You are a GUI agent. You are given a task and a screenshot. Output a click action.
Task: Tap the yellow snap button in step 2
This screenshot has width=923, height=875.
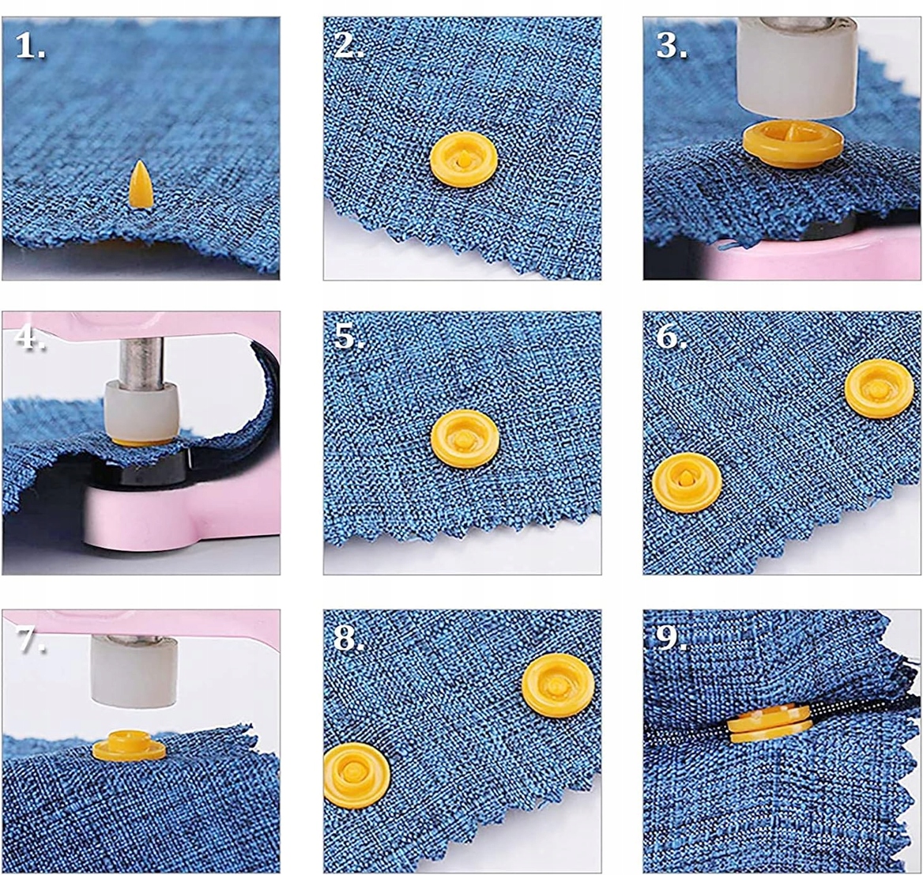464,160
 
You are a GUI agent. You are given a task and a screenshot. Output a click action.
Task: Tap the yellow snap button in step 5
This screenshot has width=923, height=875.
465,439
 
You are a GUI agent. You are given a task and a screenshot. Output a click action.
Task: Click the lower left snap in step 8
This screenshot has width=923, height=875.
356,775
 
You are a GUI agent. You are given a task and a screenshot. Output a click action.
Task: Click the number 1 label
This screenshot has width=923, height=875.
29,45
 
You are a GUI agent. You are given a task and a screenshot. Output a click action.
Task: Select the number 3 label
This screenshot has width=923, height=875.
671,44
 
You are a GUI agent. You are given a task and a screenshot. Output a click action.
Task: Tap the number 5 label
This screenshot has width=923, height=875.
348,337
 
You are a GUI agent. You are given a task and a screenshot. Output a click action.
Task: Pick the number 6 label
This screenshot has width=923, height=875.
671,337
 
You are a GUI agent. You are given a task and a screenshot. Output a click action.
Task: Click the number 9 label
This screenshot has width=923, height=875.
671,637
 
